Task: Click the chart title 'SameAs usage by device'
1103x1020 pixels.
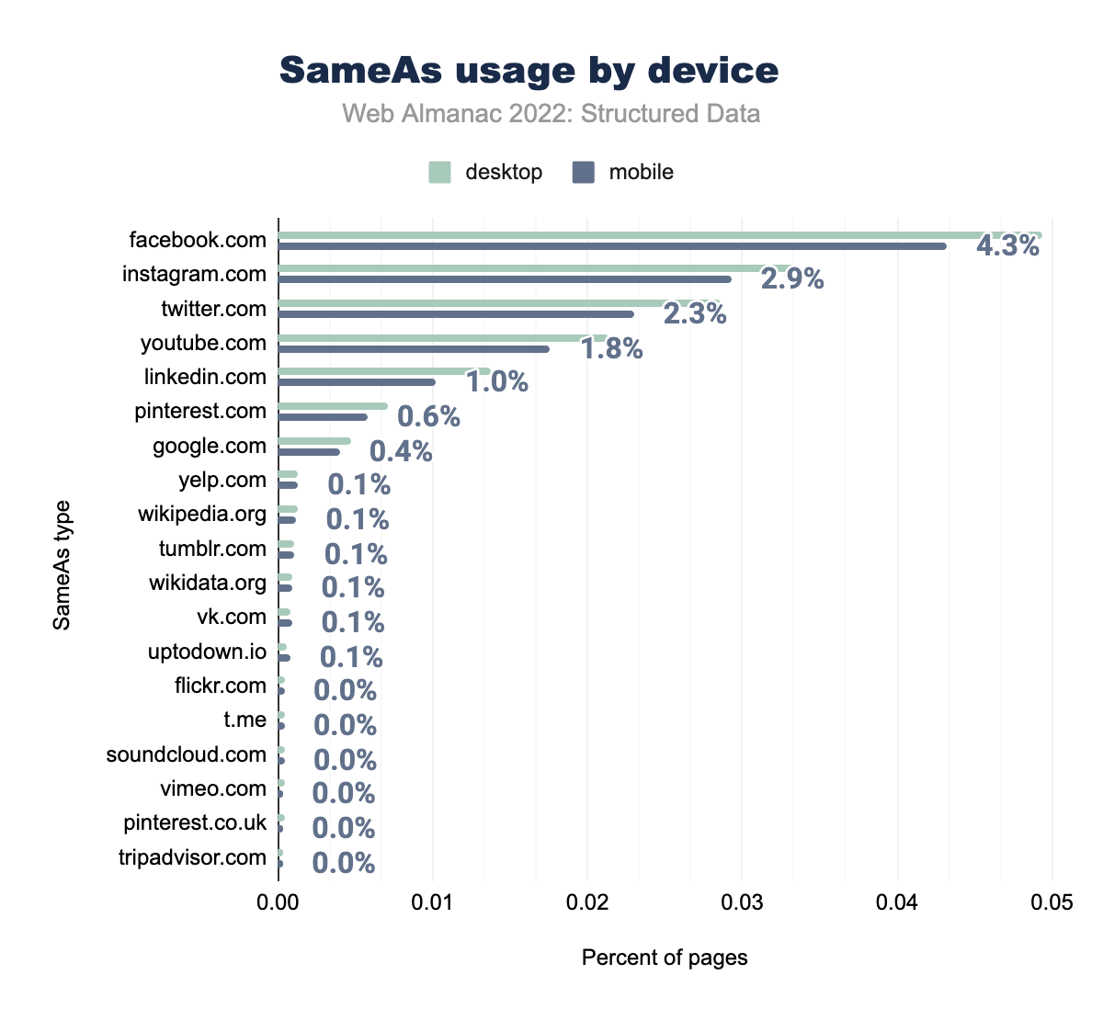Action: coord(529,71)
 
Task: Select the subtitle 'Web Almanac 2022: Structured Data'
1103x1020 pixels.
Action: coord(551,114)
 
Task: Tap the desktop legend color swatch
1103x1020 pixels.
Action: coord(439,172)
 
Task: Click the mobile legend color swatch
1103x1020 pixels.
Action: coord(584,172)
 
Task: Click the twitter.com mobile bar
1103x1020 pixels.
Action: coord(456,314)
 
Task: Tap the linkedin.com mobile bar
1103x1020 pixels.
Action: coord(357,382)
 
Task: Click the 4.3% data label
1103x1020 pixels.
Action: coord(1007,246)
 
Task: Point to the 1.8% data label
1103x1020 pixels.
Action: coord(611,349)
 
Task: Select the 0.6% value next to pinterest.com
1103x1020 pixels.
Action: coord(428,417)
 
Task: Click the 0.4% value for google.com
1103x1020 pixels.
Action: coord(401,451)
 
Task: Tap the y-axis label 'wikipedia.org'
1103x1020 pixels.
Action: coord(202,514)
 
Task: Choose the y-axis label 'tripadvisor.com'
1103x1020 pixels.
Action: coord(192,857)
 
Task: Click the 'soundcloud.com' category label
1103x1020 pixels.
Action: coord(187,754)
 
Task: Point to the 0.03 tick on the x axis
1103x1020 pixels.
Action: coord(743,903)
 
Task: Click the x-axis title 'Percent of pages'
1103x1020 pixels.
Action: coord(665,958)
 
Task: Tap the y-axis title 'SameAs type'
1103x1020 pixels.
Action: coord(62,564)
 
